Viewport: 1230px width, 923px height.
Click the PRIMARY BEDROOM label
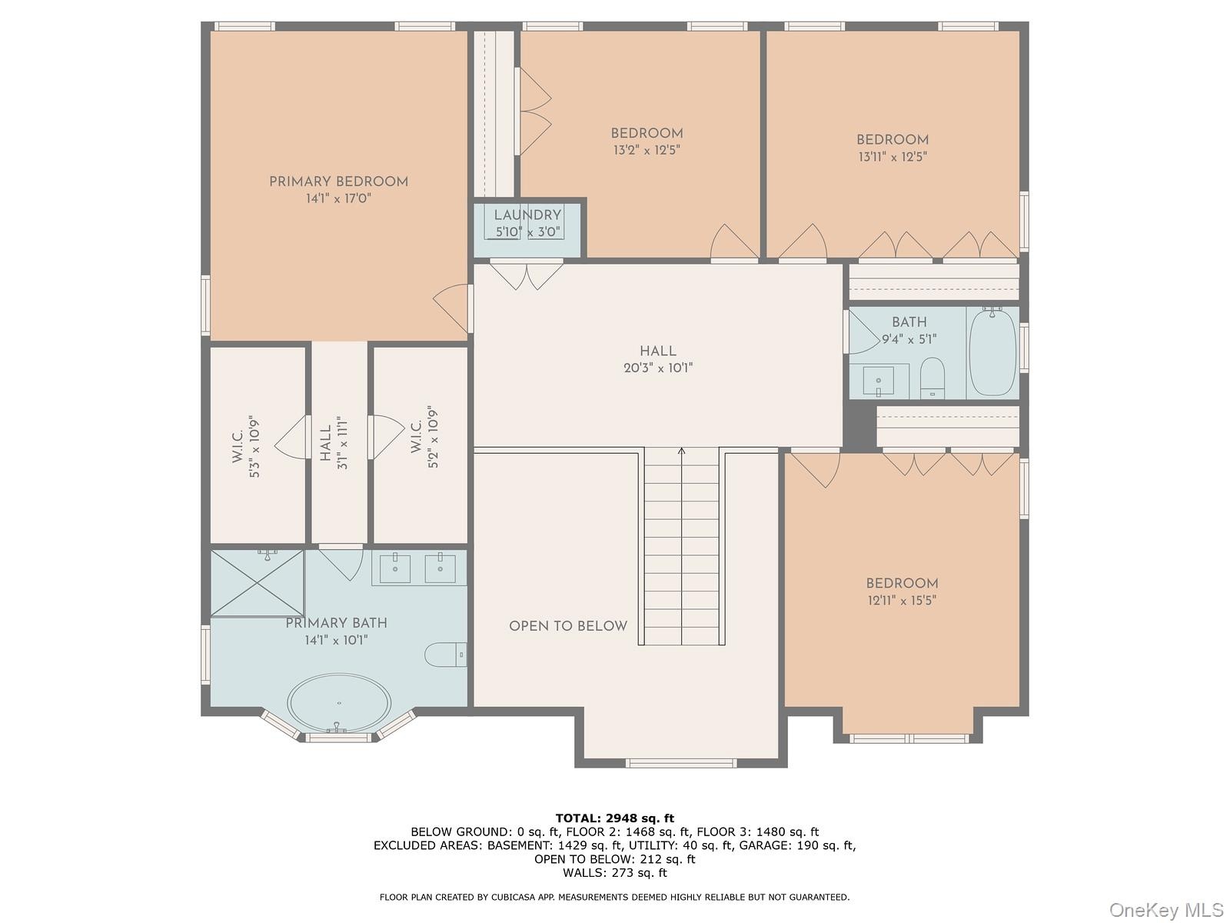338,182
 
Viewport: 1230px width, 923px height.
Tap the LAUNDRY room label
527,215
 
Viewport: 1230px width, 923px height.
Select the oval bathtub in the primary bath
339,703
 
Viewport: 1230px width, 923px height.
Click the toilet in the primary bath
445,654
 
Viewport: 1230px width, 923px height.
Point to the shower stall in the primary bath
258,583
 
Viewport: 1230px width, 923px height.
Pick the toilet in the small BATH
932,378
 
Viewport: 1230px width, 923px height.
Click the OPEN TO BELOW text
568,626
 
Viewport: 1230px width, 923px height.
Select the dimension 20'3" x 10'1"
658,368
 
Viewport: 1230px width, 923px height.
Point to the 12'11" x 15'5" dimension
902,601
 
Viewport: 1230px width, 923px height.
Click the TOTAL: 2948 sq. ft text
615,818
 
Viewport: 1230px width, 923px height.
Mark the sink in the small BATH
878,381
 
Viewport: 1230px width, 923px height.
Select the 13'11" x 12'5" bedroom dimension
893,157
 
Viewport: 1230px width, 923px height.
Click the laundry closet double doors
527,275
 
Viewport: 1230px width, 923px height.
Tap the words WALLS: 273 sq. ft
615,872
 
